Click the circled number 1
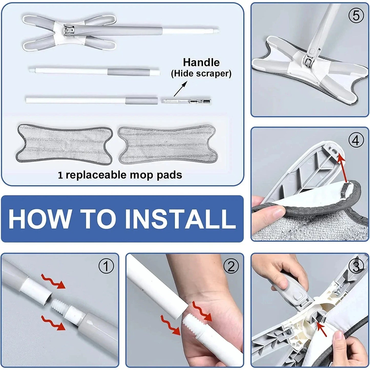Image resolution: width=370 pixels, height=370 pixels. click(106, 266)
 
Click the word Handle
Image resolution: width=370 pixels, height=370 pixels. click(201, 62)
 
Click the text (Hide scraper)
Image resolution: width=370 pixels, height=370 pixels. click(201, 74)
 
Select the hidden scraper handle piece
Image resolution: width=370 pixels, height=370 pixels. click(186, 101)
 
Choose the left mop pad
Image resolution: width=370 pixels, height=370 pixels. click(65, 145)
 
